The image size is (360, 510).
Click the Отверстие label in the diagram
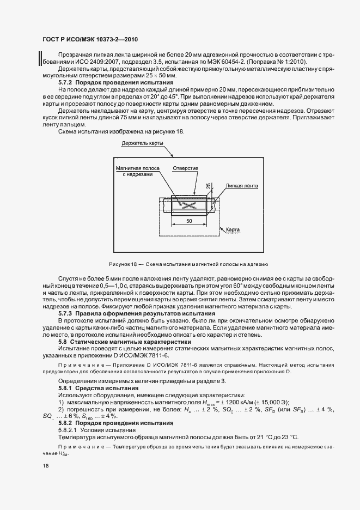coord(185,168)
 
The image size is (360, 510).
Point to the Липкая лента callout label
coord(242,185)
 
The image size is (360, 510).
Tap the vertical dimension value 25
coord(209,186)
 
